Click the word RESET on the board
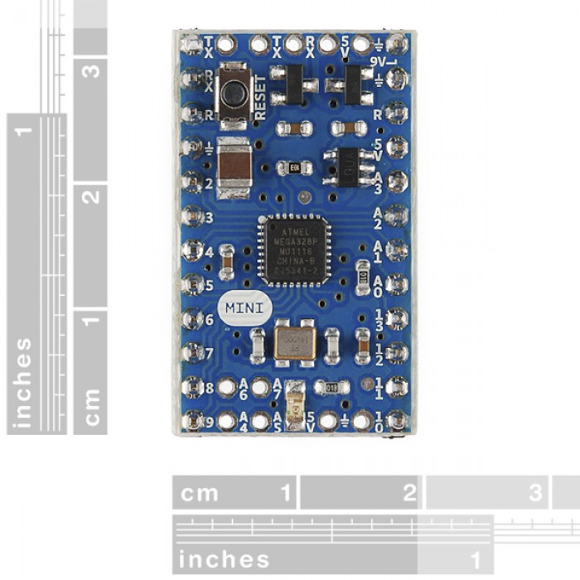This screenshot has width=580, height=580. pos(261,99)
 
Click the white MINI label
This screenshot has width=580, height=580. pos(244,307)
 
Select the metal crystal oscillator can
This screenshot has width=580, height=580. pos(292,341)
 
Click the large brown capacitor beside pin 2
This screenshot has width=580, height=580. pos(235,167)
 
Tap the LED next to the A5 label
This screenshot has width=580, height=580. pos(293,412)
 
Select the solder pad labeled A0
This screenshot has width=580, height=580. pos(396,282)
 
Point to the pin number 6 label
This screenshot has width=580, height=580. pos(209,319)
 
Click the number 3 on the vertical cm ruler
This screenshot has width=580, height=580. pos(92,70)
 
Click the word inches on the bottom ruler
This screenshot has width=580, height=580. pos(224,558)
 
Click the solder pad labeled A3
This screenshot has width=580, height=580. pos(396,180)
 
